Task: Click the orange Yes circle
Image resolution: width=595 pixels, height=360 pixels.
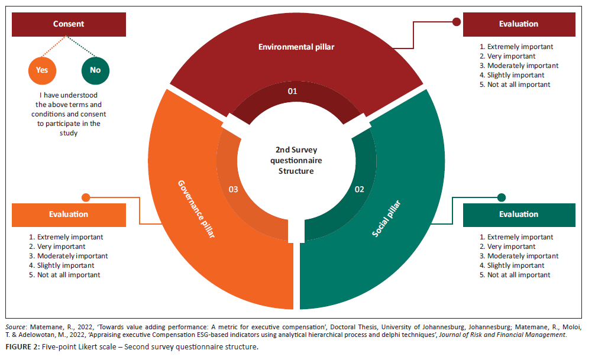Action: [x=42, y=70]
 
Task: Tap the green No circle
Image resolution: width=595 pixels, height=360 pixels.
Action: [x=95, y=70]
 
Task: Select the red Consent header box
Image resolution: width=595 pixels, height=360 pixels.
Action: [x=69, y=24]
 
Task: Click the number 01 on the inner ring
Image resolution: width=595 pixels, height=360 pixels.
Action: [x=292, y=92]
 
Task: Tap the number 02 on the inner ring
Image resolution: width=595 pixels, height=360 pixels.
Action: [x=359, y=190]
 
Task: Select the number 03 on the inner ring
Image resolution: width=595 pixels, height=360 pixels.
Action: [x=233, y=190]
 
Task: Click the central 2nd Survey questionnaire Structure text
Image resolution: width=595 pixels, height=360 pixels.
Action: [x=296, y=160]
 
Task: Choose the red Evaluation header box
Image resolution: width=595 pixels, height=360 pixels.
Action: [x=519, y=24]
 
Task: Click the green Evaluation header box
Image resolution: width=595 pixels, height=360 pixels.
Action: [x=519, y=215]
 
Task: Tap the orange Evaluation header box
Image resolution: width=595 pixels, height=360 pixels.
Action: [x=69, y=215]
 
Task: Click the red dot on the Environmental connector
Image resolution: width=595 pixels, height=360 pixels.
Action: [x=457, y=22]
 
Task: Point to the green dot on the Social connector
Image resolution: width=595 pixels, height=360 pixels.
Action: [x=502, y=197]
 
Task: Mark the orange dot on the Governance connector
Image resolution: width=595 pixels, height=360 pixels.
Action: [x=86, y=197]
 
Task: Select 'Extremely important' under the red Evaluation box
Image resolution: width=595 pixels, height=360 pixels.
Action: [x=516, y=47]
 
